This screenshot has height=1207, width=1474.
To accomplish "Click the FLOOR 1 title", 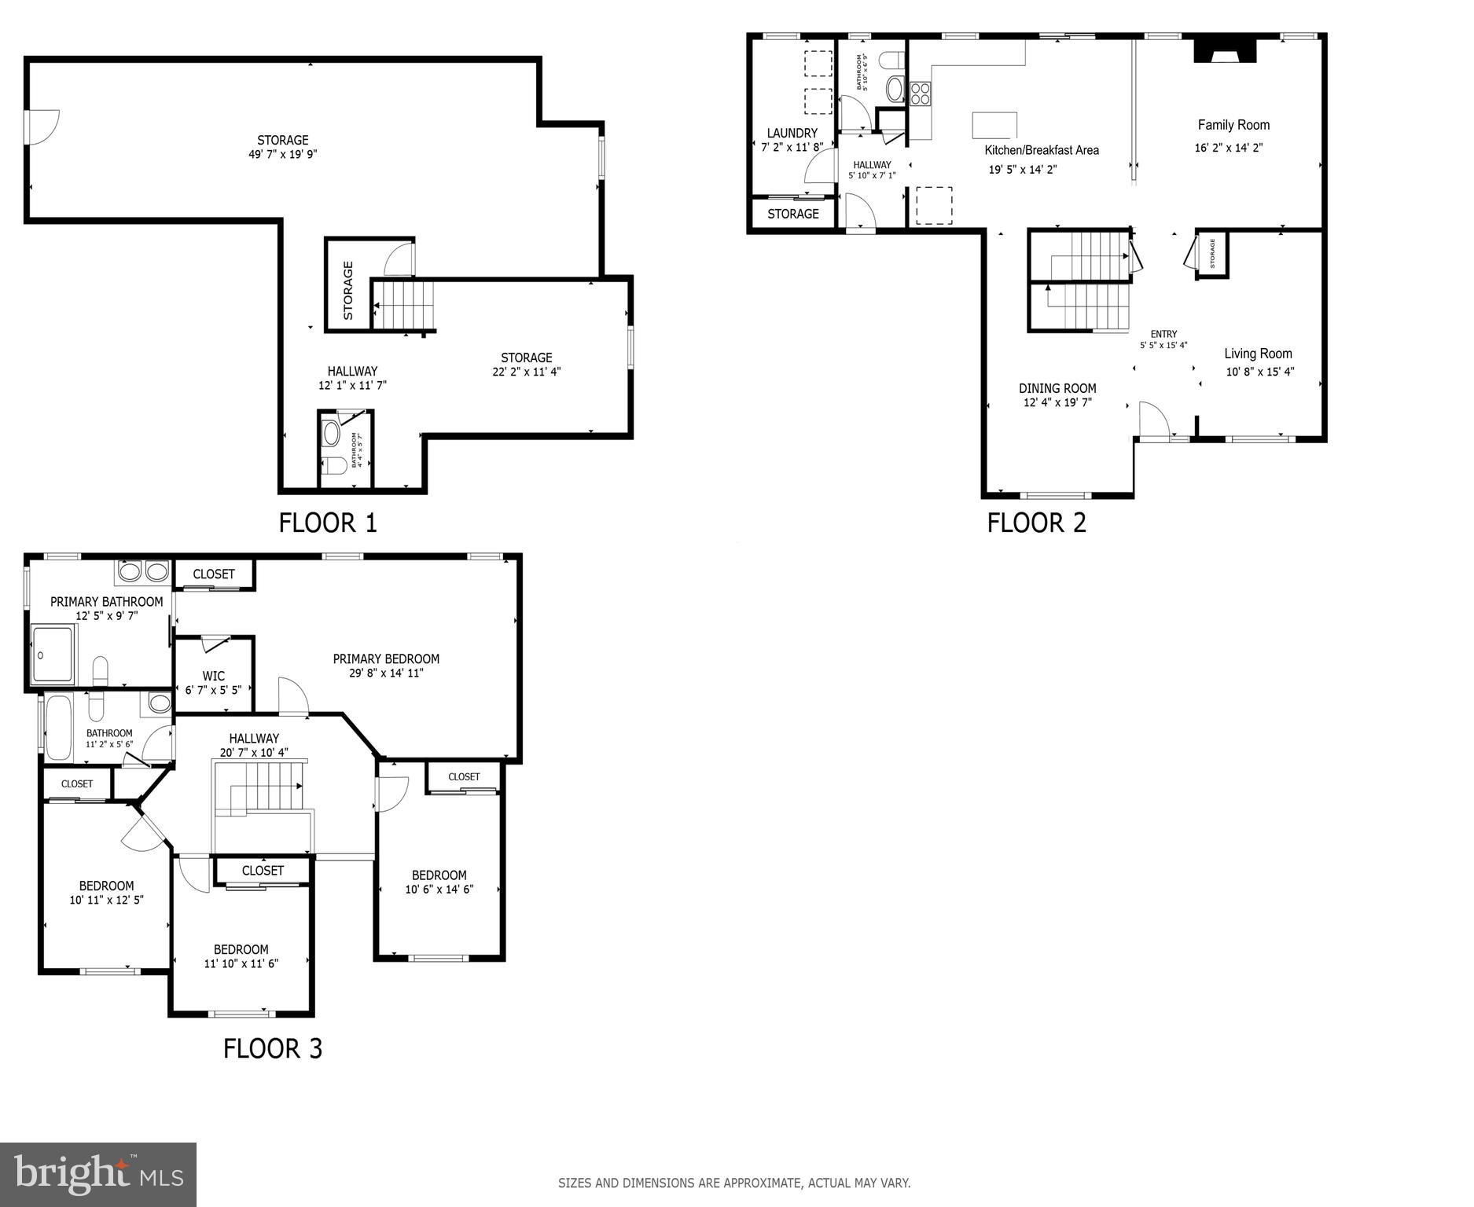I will [328, 523].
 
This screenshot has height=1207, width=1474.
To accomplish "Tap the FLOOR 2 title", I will [1036, 523].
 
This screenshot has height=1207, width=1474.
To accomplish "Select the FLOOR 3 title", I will [273, 1048].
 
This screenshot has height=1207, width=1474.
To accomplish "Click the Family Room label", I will [1233, 125].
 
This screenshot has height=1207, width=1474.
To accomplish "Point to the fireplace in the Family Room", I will [1225, 52].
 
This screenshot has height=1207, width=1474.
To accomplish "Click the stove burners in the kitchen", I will [920, 94].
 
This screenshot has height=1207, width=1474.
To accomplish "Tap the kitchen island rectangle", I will [994, 125].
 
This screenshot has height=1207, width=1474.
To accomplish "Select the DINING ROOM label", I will [1057, 388].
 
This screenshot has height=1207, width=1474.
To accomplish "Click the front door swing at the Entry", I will [1152, 418].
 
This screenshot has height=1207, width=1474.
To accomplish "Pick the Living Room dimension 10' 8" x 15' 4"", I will [1260, 372].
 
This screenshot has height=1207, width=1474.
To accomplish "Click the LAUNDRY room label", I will [792, 133].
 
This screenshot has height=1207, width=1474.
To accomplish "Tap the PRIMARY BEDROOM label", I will [386, 659].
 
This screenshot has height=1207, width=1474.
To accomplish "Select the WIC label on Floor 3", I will [213, 676].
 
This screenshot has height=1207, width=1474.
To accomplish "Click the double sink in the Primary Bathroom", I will [143, 571].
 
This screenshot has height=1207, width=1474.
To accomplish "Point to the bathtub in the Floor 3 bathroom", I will [59, 728].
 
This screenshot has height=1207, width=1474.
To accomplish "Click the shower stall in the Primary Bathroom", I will [53, 654].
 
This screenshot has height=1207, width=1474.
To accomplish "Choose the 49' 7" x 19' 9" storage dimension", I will [283, 155].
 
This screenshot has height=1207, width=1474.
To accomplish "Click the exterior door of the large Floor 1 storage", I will [41, 127].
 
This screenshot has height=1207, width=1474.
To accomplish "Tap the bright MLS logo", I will [98, 1175].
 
